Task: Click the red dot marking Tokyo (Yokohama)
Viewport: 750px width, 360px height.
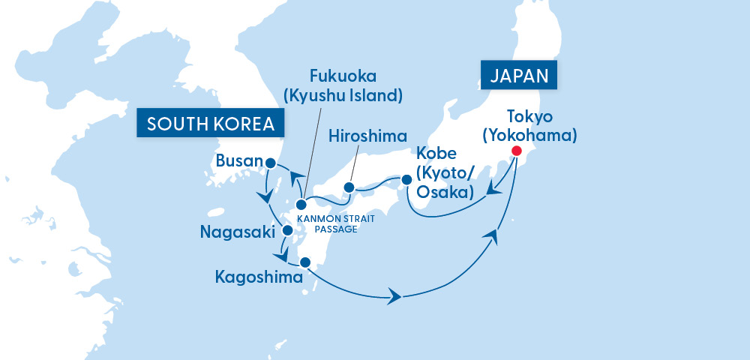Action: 516,151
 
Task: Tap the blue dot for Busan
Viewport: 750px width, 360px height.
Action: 271,161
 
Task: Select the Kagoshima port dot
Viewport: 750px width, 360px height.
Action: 304,262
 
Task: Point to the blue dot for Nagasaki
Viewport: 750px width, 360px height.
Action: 286,231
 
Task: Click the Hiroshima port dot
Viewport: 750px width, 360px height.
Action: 349,187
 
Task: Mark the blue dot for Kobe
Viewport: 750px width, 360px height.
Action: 406,180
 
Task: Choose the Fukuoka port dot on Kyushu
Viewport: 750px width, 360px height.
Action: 301,204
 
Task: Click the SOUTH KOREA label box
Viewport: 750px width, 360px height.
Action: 211,124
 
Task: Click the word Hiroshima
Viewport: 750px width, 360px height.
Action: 367,136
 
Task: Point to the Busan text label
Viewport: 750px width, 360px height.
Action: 238,161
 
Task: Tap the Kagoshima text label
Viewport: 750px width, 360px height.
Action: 256,277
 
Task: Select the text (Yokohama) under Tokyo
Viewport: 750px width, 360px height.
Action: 529,135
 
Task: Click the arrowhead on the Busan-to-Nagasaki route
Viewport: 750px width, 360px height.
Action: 265,196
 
